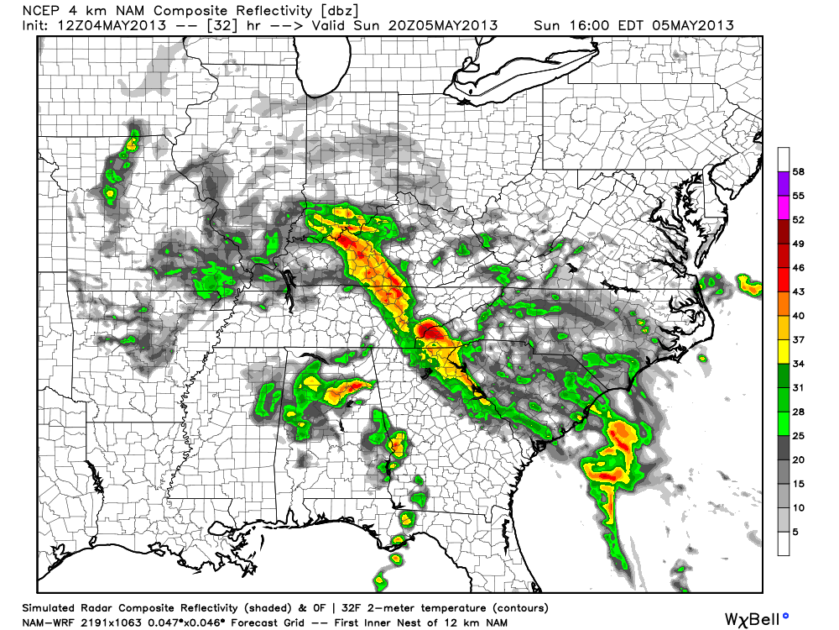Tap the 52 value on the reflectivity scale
pyautogui.click(x=799, y=219)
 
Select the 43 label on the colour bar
pyautogui.click(x=799, y=290)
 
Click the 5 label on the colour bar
pyautogui.click(x=799, y=531)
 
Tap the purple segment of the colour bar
pyautogui.click(x=784, y=183)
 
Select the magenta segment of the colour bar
pyautogui.click(x=784, y=207)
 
